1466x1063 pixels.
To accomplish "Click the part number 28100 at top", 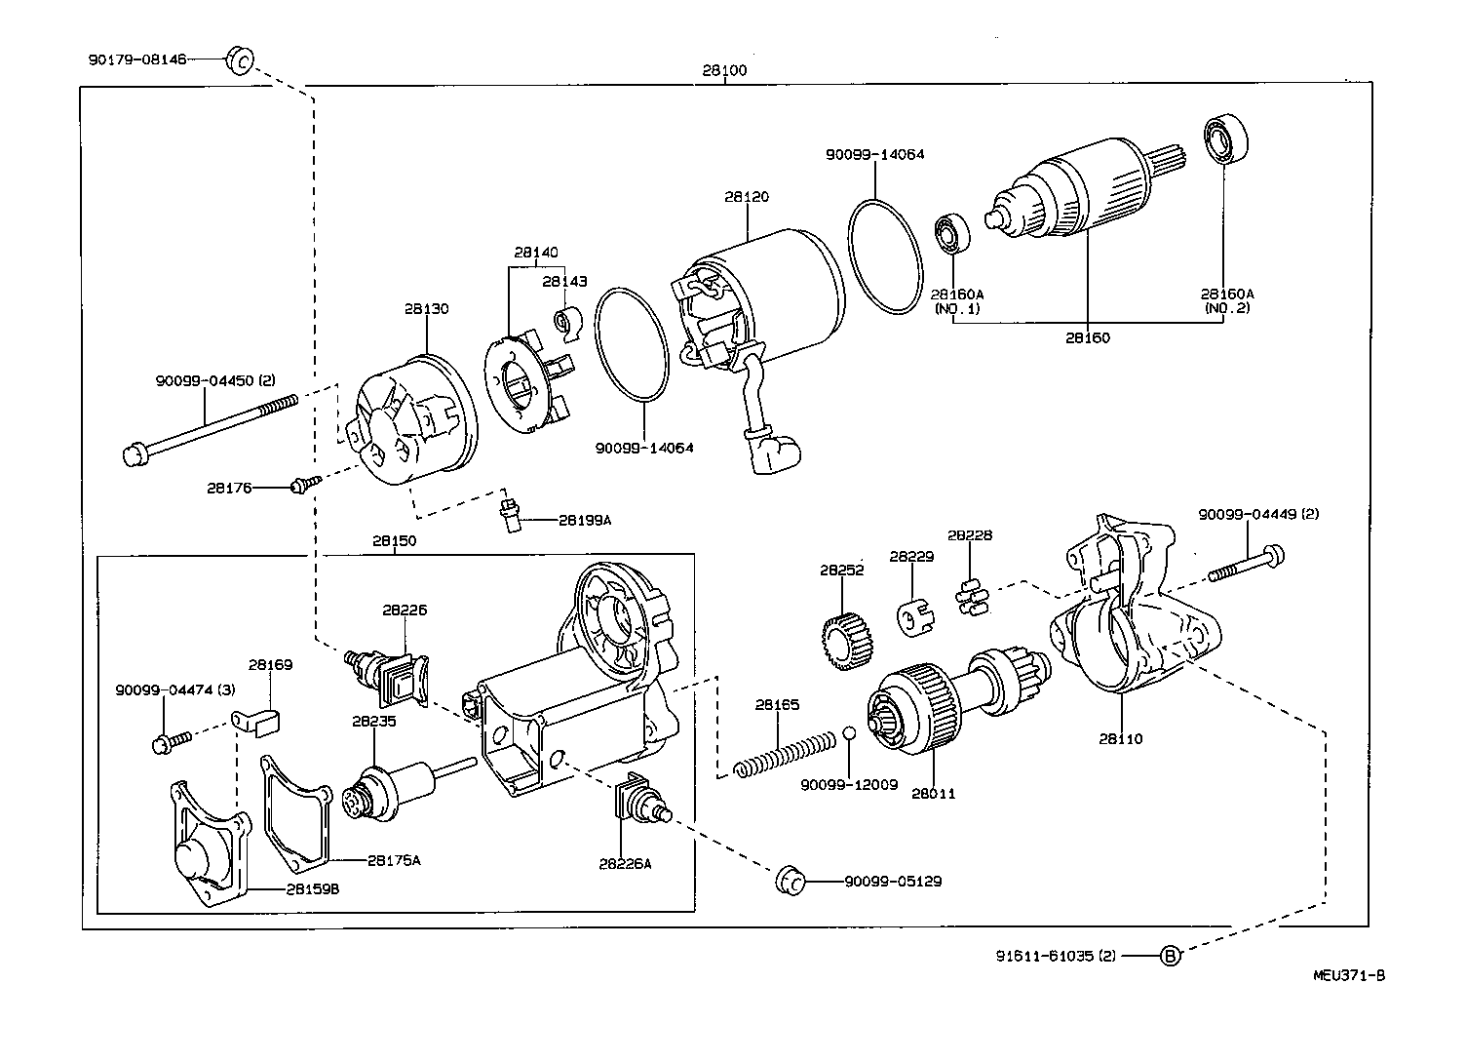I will click(724, 71).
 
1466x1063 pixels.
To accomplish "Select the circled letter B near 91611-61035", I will click(1171, 956).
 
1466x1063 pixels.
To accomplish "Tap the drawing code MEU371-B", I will click(1348, 975).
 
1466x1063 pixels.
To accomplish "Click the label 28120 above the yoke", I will click(746, 197).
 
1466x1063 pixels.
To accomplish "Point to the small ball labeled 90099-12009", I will click(849, 734).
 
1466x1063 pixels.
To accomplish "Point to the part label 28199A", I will click(584, 520).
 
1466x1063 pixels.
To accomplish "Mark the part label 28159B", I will click(312, 888).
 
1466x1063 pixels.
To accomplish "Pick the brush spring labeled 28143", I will click(568, 322).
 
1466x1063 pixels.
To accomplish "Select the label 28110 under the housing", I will click(1120, 738).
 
